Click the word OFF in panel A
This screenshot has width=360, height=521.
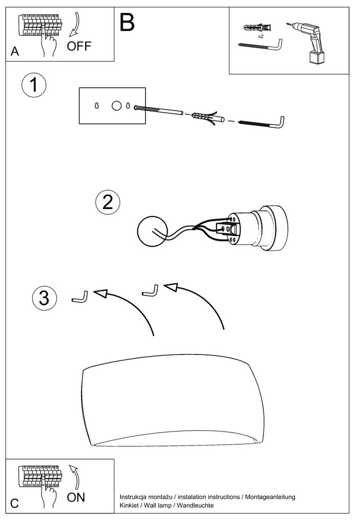pos(79,46)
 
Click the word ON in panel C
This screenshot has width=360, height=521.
pos(76,496)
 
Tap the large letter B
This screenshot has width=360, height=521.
pos(127,22)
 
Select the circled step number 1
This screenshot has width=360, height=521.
pos(34,85)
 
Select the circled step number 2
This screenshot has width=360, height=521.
pos(107,202)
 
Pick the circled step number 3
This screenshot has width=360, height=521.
pos(44,297)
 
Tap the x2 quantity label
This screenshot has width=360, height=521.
pos(260,37)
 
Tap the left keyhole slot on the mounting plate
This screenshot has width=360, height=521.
pos(97,106)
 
